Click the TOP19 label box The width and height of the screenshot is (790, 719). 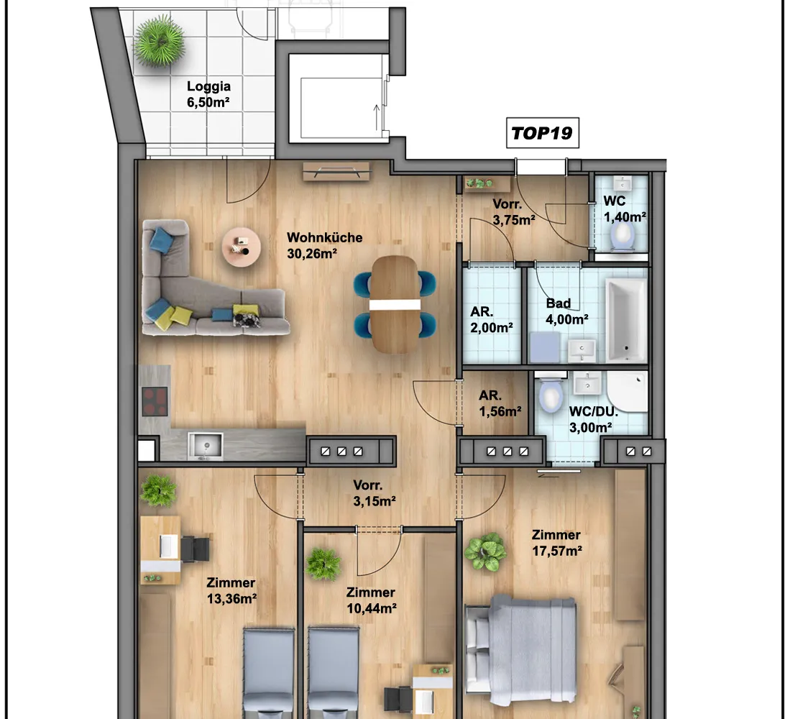coord(543,133)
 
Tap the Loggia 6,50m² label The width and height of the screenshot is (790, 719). coord(208,94)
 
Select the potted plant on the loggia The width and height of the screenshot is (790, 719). coord(160,41)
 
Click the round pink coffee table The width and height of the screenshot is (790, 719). coord(242,247)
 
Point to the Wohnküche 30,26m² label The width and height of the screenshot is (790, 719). coord(324,245)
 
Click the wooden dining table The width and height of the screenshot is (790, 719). coord(395,304)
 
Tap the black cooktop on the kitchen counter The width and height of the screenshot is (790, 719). coord(155,401)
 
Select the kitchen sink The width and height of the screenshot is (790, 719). coord(205,445)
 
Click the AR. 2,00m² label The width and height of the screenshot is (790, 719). coord(491,319)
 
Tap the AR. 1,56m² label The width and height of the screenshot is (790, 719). coord(500,403)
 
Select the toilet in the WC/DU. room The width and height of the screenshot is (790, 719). coord(550,395)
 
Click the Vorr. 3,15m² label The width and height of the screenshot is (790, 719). coord(375,493)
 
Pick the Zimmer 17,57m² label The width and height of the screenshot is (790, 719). coord(556,543)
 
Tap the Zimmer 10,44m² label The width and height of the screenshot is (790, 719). coord(372,600)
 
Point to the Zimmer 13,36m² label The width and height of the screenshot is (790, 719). coord(231,590)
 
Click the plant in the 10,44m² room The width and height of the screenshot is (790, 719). coord(323,564)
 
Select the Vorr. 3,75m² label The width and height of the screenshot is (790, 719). coord(513,212)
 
